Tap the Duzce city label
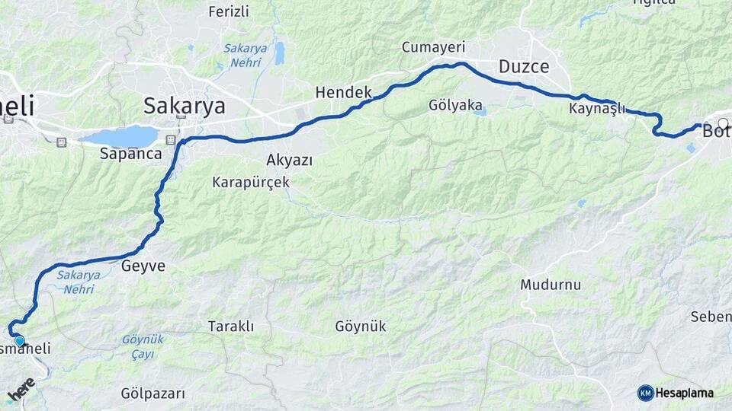(524, 66)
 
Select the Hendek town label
(343, 92)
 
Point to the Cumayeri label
(433, 47)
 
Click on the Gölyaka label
(455, 106)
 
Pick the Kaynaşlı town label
(596, 109)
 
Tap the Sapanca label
(130, 153)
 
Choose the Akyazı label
(289, 160)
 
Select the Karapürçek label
(251, 183)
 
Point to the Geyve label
(143, 266)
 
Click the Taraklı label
(230, 327)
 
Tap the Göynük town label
(360, 327)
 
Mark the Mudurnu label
(551, 285)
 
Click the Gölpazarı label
(152, 393)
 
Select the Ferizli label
(228, 11)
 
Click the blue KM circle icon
(645, 393)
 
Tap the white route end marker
(723, 123)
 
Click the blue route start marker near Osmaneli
(19, 342)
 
